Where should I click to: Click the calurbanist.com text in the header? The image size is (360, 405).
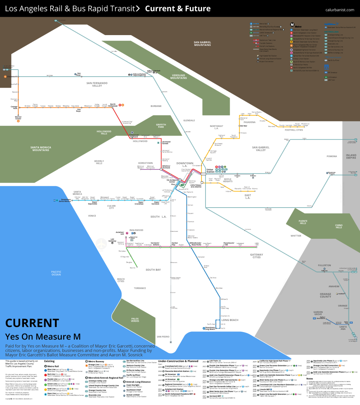tap(340, 10)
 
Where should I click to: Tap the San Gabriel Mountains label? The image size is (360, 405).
tap(202, 44)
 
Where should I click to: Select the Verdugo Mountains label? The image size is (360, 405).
tap(178, 77)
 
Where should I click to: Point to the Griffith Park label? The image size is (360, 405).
tap(161, 126)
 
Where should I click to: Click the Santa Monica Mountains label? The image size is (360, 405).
tap(41, 148)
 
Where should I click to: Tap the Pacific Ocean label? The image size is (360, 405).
tap(56, 273)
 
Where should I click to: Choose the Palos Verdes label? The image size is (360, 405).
tap(135, 320)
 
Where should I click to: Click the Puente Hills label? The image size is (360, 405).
tap(303, 222)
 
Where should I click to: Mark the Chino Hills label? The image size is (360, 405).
tap(339, 226)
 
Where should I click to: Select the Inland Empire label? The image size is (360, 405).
tap(351, 156)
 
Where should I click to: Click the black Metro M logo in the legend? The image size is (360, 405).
tap(292, 25)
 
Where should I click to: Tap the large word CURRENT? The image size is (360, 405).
tap(32, 323)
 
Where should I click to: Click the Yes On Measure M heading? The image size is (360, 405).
tap(43, 336)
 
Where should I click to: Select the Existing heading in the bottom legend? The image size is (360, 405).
tap(49, 361)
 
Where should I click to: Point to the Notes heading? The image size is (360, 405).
tap(309, 379)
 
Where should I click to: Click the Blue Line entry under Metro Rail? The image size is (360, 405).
tap(52, 370)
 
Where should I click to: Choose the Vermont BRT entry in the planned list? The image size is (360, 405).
tap(215, 396)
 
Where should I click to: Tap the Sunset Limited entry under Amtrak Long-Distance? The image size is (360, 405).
tap(133, 395)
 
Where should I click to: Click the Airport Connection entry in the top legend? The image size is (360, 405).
tap(266, 61)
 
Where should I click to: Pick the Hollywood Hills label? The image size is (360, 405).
tap(104, 132)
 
